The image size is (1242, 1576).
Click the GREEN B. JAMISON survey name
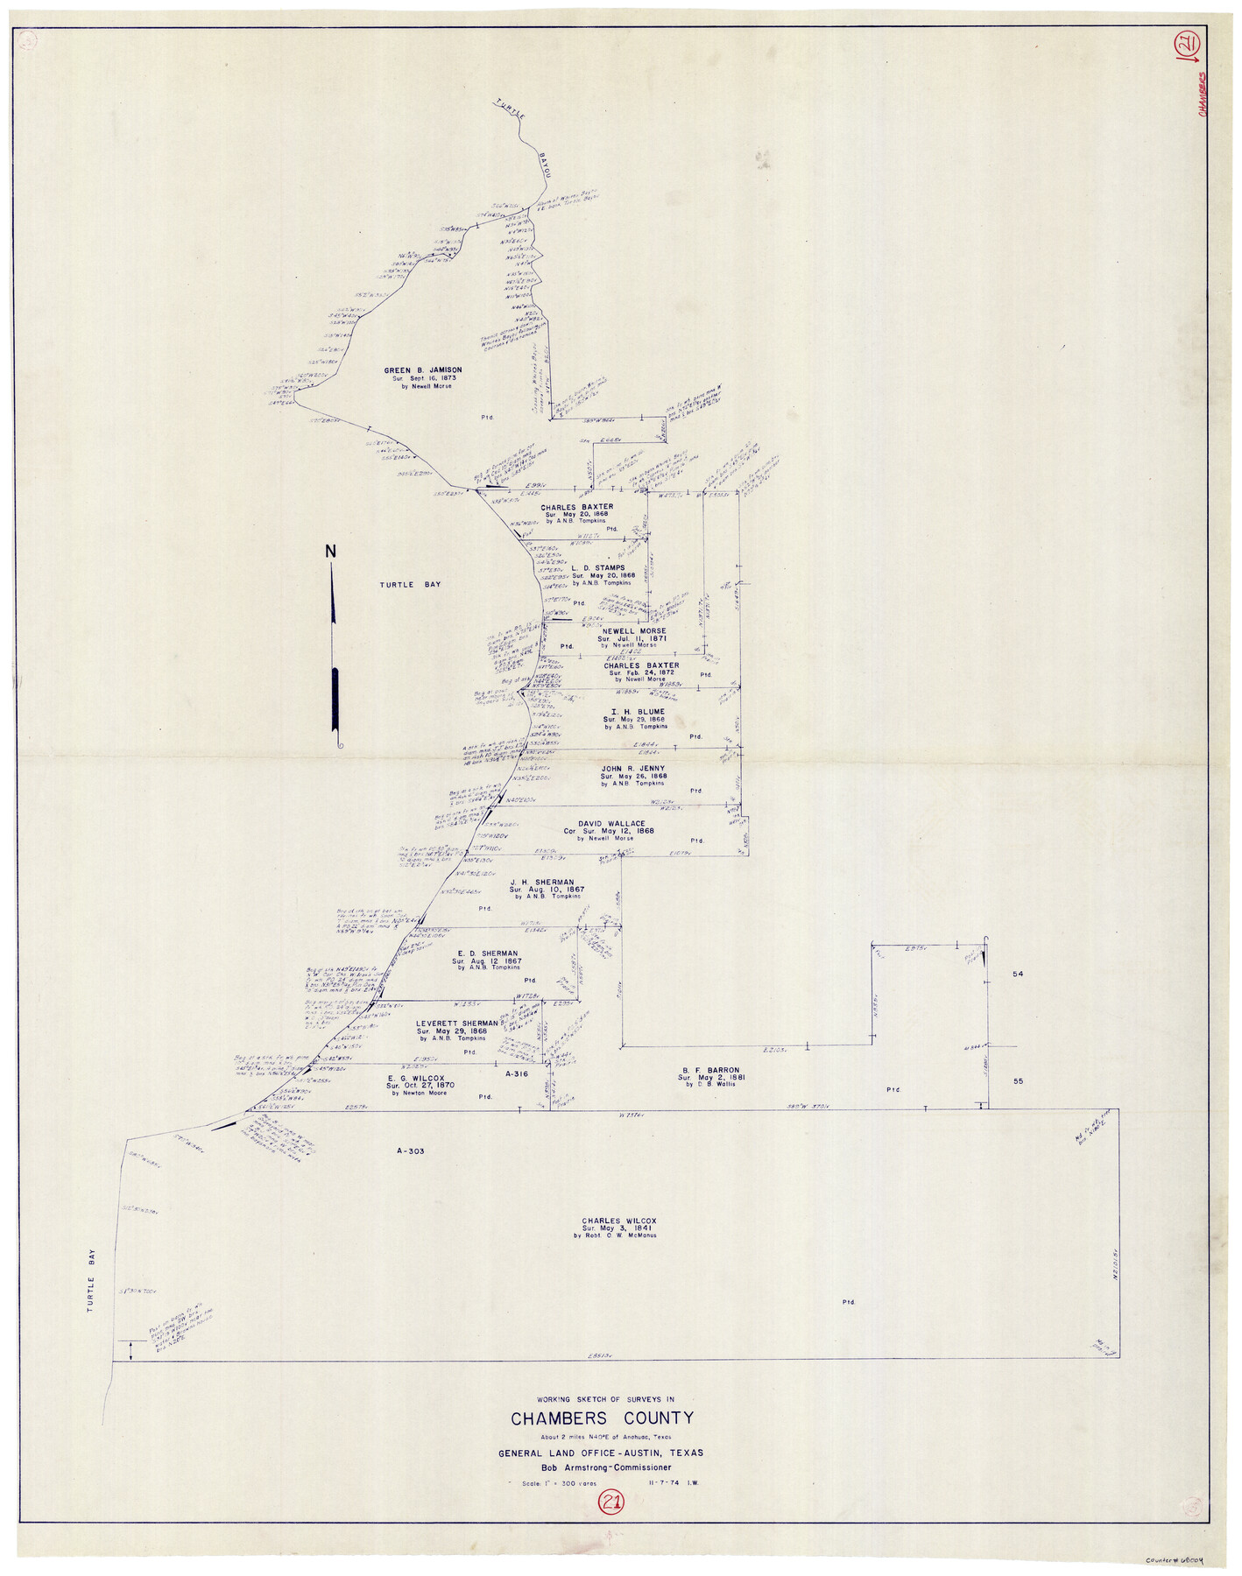pos(422,370)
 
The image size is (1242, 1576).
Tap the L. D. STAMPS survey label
pos(597,567)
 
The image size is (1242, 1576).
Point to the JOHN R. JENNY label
pos(632,768)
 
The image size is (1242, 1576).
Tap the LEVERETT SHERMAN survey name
pos(456,1023)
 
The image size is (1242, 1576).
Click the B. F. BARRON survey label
pos(709,1070)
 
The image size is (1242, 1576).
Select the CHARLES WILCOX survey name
pos(618,1221)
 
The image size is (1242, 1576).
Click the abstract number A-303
pos(409,1151)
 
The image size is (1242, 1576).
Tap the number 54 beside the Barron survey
pos(1018,974)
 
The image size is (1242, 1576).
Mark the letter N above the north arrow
pos(330,552)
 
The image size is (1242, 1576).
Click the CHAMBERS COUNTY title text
pos(602,1418)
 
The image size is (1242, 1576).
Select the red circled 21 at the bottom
pos(610,1502)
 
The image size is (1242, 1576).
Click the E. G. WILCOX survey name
pos(416,1078)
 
